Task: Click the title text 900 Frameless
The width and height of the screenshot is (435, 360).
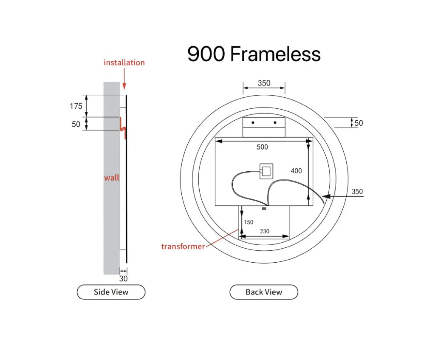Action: [x=254, y=54]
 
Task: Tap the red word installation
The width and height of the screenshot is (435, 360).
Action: [x=124, y=62]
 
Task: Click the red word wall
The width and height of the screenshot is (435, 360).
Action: [x=112, y=178]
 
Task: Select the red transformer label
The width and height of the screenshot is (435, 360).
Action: [x=183, y=247]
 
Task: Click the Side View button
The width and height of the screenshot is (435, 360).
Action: [x=111, y=292]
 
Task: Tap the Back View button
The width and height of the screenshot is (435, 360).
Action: [x=264, y=292]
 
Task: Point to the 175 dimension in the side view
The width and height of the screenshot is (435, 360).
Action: [x=76, y=106]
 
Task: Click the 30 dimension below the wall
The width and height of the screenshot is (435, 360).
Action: [x=124, y=279]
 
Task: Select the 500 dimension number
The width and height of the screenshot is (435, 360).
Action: [x=262, y=147]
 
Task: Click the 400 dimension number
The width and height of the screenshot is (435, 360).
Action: [x=296, y=171]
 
